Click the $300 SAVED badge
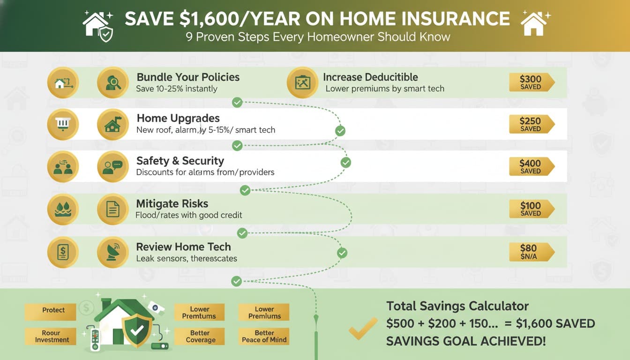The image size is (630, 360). coord(531,82)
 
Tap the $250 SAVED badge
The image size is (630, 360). coord(531,124)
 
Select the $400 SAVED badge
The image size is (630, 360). coord(531,166)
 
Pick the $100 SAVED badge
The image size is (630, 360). coord(531,209)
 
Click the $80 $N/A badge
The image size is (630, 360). coord(531,252)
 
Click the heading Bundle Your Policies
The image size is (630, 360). coord(188,77)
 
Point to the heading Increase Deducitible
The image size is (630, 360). coord(370,77)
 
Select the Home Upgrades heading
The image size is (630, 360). coord(178,118)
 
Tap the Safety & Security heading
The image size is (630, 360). coord(180,161)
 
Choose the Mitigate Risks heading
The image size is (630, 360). coord(172,204)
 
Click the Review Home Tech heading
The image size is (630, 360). coord(183,247)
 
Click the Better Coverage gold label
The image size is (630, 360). coord(200,337)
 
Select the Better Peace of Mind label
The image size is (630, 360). coord(264,337)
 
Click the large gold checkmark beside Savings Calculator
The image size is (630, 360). coord(363,328)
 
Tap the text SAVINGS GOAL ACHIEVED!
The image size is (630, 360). coord(465,341)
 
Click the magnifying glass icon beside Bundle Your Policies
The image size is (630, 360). coord(113,82)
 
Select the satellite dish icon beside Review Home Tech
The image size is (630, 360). coord(113,252)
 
